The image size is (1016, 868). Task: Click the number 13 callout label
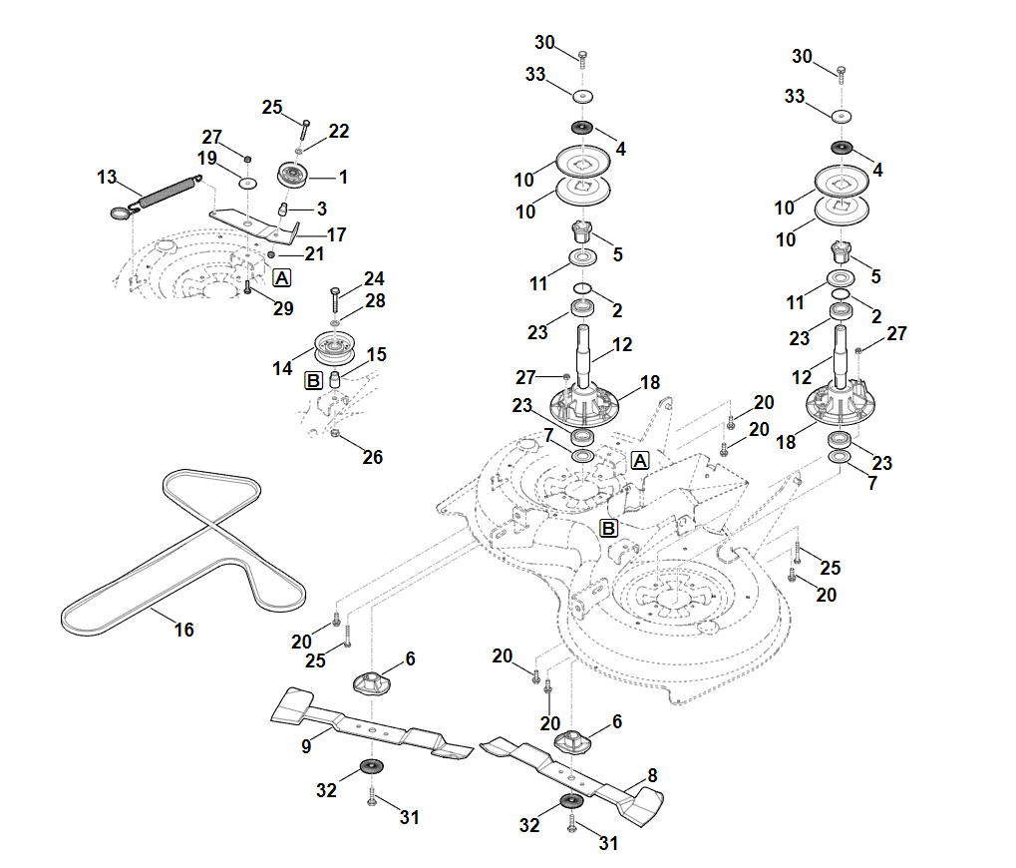(x=107, y=178)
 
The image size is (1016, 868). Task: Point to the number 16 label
(x=184, y=630)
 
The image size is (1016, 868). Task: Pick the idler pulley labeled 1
(x=293, y=176)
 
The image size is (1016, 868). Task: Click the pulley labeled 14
(x=335, y=348)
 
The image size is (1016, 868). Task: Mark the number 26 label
(x=373, y=458)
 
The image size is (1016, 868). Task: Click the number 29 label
(x=283, y=308)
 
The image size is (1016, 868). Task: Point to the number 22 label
(x=339, y=131)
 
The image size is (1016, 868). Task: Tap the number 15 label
(x=377, y=354)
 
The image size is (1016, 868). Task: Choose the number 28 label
(x=375, y=299)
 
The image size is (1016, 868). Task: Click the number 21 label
(x=314, y=254)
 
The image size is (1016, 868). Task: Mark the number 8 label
(x=653, y=774)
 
